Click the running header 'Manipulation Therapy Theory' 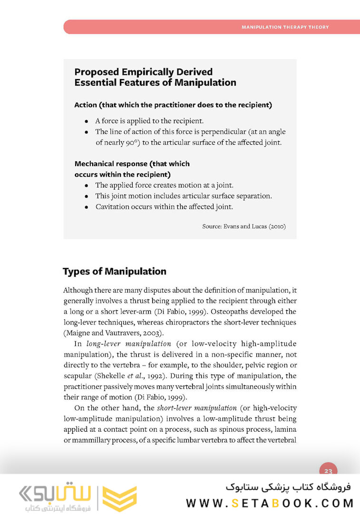pyautogui.click(x=285, y=27)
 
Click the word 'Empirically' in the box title pyautogui.click(x=146, y=72)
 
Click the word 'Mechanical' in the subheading pyautogui.click(x=95, y=164)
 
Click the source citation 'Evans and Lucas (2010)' pyautogui.click(x=254, y=227)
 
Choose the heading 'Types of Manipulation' pyautogui.click(x=115, y=272)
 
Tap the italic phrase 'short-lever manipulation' pyautogui.click(x=197, y=408)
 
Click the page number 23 pyautogui.click(x=328, y=471)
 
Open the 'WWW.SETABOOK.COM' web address pyautogui.click(x=270, y=503)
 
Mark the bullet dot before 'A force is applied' pyautogui.click(x=87, y=121)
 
